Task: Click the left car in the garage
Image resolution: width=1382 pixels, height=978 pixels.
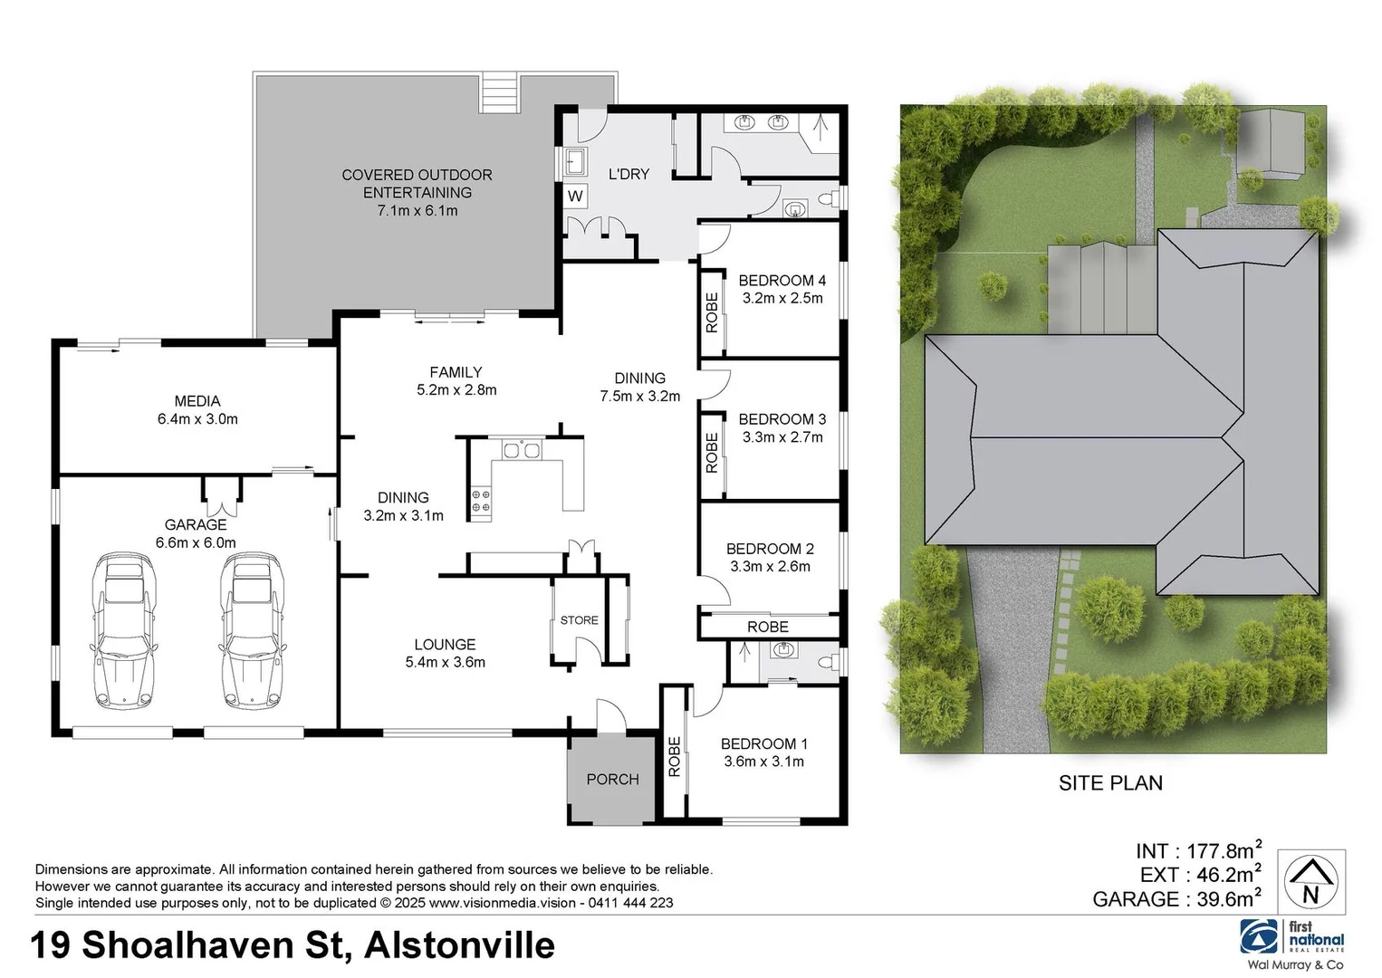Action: (x=122, y=631)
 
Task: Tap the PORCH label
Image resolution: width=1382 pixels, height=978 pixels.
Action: (x=612, y=779)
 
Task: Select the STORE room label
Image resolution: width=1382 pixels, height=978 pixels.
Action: (x=579, y=620)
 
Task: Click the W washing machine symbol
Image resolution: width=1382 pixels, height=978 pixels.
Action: (x=575, y=196)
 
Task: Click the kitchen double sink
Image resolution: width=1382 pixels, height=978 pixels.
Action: (x=521, y=449)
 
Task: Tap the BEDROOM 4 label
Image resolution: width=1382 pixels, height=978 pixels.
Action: (x=782, y=280)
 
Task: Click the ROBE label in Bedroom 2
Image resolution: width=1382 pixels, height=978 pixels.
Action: (x=767, y=627)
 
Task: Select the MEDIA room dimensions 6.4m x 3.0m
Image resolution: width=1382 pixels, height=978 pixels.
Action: (x=197, y=419)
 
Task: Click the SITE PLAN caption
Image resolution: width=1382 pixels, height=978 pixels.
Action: (x=1110, y=783)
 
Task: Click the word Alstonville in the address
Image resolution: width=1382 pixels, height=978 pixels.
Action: (x=459, y=945)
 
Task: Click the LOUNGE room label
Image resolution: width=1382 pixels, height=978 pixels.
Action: (x=445, y=645)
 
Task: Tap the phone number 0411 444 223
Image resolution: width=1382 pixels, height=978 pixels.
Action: (x=630, y=903)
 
